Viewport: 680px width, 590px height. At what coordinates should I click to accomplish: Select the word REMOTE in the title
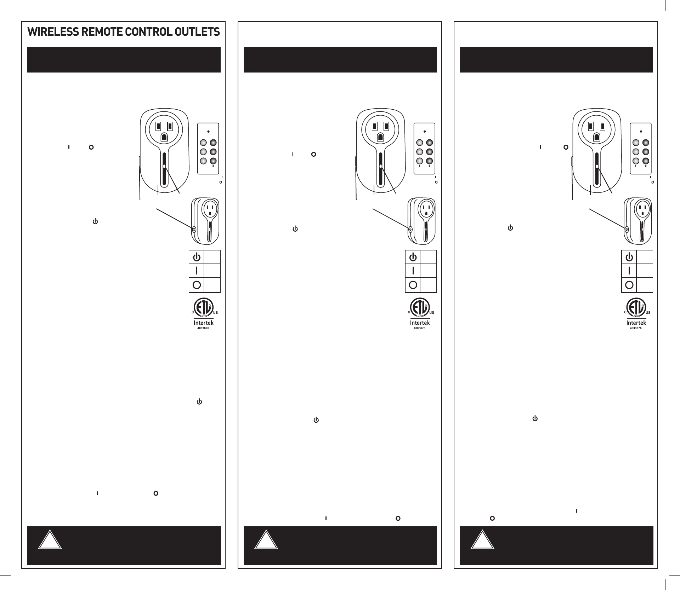point(99,32)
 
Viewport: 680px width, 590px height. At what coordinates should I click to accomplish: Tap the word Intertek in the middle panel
point(420,323)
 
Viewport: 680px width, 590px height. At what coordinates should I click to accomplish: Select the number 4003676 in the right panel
point(636,328)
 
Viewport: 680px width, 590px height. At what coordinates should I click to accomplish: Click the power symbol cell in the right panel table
point(629,257)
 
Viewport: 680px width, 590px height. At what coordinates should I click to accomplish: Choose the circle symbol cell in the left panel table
point(197,285)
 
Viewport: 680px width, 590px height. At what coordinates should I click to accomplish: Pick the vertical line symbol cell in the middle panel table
point(413,271)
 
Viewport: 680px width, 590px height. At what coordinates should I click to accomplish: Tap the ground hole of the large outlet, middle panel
point(380,137)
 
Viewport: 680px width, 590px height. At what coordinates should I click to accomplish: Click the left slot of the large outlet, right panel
point(590,126)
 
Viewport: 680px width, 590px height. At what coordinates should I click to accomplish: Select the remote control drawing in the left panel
point(208,149)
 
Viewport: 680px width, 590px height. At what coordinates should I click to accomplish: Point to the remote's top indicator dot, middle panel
point(425,132)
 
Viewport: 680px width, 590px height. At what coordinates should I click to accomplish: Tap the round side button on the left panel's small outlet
point(194,229)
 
